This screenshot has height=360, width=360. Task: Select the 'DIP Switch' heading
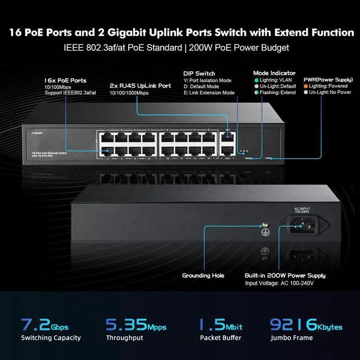tap(199, 74)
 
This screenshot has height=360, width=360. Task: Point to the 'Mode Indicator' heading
tap(274, 73)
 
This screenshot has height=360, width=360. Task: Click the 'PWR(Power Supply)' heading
tap(328, 80)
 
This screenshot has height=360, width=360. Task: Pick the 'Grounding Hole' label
tap(203, 276)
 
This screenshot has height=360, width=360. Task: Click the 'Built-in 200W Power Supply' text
tap(285, 276)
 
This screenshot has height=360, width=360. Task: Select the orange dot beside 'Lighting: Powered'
tap(306, 86)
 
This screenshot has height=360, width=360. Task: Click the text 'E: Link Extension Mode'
tap(209, 93)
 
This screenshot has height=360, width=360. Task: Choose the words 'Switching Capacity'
tap(51, 338)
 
